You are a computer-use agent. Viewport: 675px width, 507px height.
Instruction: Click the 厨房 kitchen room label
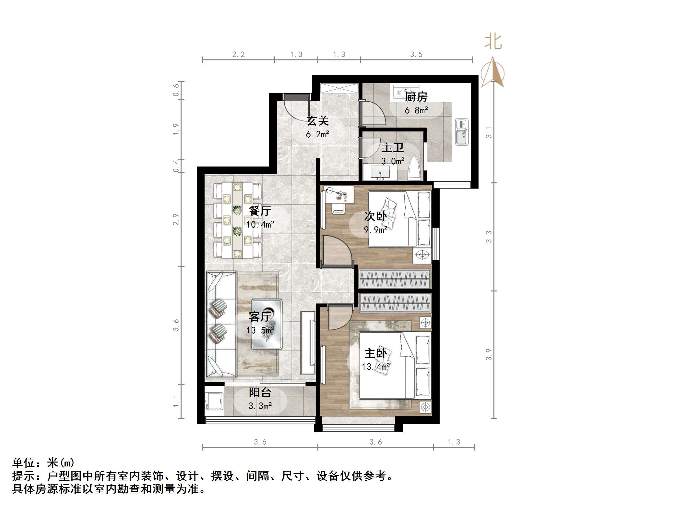point(416,97)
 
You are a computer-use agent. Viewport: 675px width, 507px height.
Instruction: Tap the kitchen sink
point(461,132)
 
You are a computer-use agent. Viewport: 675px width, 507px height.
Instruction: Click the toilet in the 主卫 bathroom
point(414,168)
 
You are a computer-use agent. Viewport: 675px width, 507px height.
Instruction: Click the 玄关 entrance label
point(318,121)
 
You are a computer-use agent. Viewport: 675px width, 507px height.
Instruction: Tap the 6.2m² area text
point(317,134)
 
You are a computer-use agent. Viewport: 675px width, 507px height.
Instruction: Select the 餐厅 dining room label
point(260,211)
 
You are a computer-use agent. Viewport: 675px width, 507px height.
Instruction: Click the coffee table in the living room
point(267,324)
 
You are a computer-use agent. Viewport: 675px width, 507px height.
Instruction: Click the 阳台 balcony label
point(260,392)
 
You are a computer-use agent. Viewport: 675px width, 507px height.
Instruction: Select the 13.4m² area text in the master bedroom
point(375,367)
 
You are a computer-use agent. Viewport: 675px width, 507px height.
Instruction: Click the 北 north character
point(493,42)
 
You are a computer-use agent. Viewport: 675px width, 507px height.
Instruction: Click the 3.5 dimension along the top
point(416,55)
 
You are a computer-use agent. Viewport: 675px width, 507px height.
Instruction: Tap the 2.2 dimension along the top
point(238,55)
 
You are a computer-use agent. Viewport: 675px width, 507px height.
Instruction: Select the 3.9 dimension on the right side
point(489,354)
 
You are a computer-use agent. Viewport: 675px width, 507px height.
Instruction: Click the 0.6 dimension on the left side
point(176,90)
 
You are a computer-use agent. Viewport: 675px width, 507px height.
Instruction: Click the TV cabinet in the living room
point(308,343)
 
